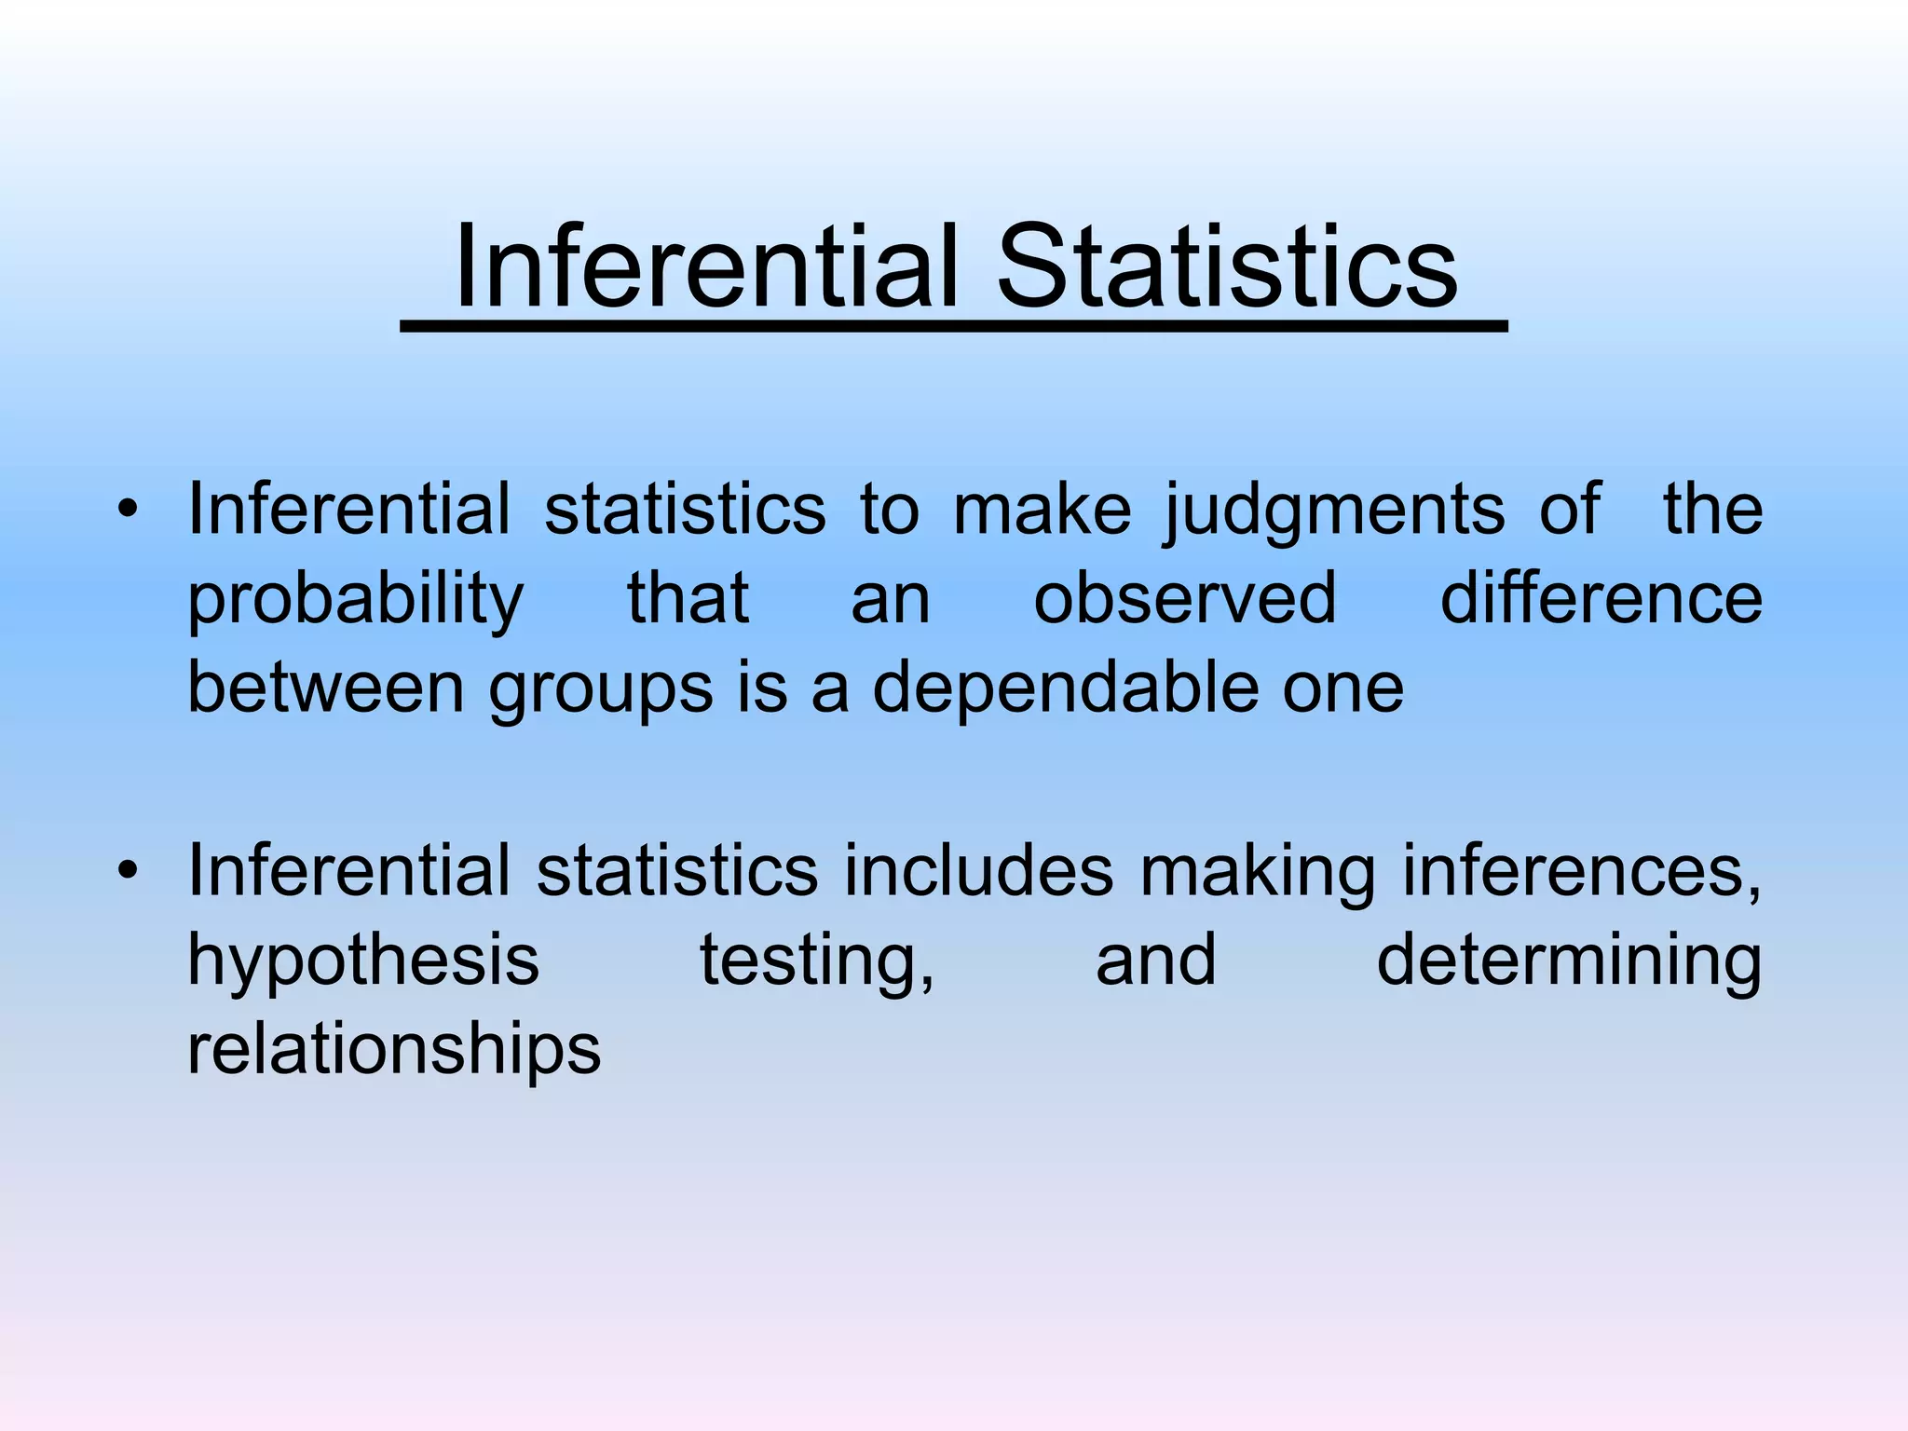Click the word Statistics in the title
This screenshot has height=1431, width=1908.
tap(1227, 267)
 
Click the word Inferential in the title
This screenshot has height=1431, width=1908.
tap(706, 267)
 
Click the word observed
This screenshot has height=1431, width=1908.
tap(1185, 598)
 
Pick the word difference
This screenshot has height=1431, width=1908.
tap(1601, 598)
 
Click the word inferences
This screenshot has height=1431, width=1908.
tap(1581, 872)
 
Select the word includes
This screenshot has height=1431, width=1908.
tap(978, 872)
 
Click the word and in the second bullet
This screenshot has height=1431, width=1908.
tap(1155, 961)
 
